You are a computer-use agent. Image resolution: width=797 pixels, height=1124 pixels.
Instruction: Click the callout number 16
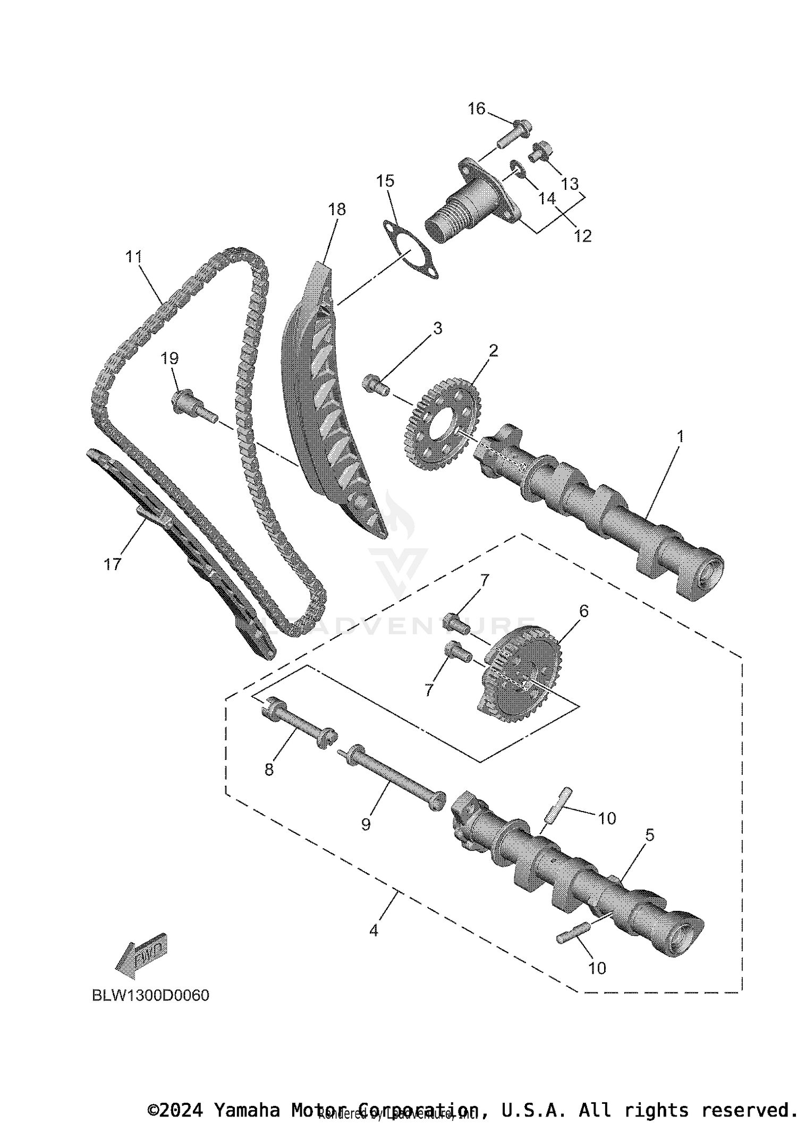tap(476, 109)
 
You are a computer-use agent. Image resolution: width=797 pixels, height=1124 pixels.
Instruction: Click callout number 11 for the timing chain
tap(134, 257)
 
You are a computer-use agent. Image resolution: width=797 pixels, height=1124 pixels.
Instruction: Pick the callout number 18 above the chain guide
tap(337, 209)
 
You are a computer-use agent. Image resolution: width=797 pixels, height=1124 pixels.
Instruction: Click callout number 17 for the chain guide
tap(112, 564)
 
